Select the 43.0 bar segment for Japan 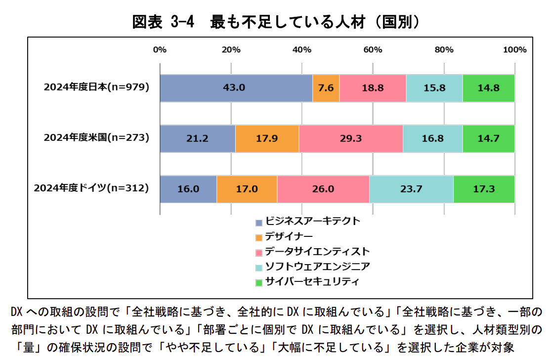236,88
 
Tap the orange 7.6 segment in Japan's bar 326,88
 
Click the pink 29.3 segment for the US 351,138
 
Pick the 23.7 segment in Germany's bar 411,189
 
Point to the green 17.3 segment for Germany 484,189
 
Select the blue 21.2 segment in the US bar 198,138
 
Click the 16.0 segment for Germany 188,189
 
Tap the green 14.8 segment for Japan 488,88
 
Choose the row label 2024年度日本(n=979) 96,88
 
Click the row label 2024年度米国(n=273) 96,138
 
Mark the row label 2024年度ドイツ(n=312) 91,188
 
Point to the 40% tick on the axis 301,50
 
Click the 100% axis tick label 514,50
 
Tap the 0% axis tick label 160,50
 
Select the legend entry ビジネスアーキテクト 312,222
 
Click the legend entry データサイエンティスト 317,251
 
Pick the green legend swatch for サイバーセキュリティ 258,282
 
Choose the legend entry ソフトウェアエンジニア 317,267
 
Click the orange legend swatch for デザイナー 258,237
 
